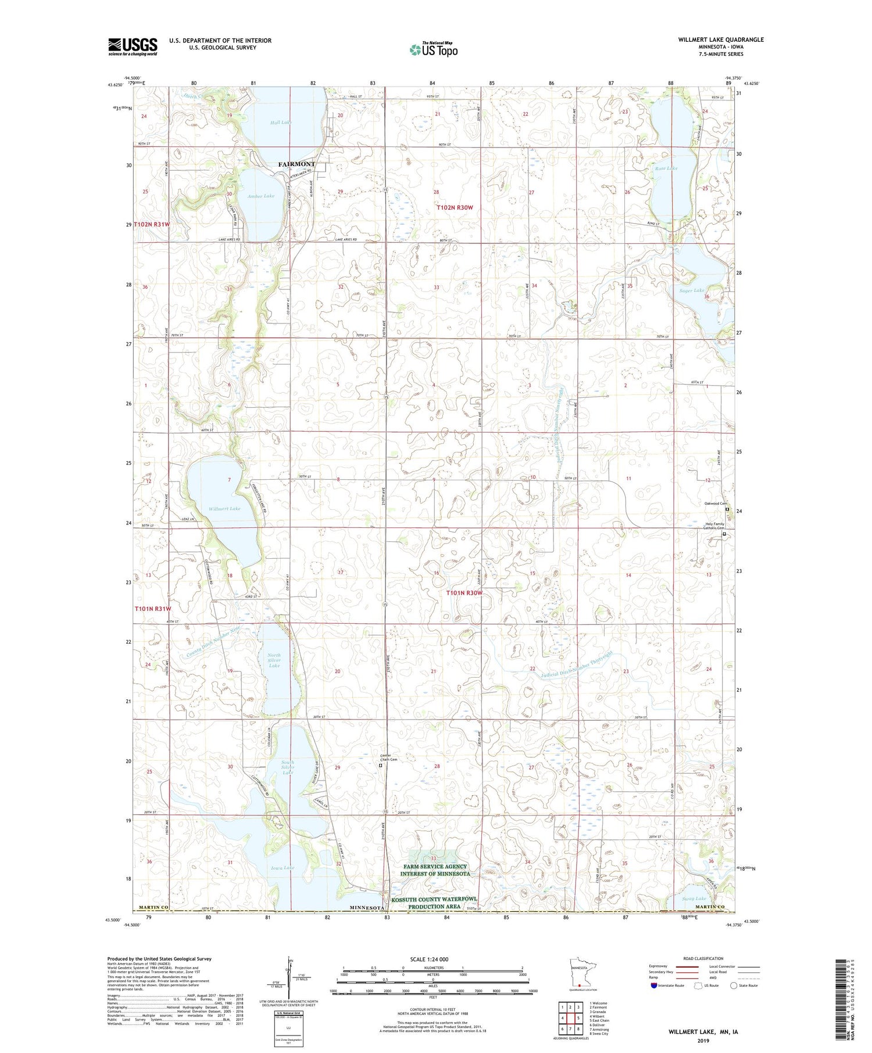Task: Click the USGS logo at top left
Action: (x=133, y=46)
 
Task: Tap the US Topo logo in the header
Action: (x=433, y=50)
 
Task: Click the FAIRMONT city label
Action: (x=296, y=164)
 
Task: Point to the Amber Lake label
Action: (x=261, y=196)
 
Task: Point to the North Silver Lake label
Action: (x=274, y=660)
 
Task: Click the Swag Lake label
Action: (x=694, y=899)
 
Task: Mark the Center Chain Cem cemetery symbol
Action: (x=381, y=766)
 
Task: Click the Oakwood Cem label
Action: (x=716, y=504)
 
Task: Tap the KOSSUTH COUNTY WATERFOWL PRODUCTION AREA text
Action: (x=434, y=903)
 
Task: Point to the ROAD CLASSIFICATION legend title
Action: (x=703, y=958)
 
